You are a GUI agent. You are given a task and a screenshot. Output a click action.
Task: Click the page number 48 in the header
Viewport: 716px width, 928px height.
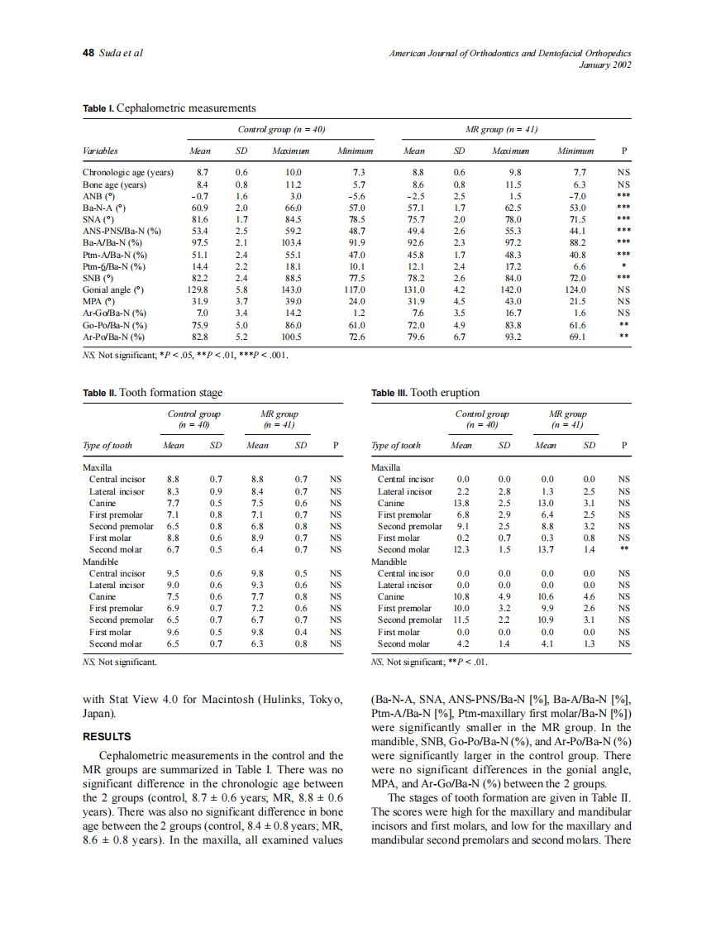click(x=88, y=53)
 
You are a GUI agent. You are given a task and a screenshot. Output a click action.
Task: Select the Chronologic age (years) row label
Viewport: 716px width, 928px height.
click(x=128, y=173)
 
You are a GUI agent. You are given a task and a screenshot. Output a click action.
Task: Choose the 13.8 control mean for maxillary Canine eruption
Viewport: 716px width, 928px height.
click(x=461, y=503)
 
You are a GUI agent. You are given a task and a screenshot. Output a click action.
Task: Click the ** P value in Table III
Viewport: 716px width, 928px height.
click(x=625, y=549)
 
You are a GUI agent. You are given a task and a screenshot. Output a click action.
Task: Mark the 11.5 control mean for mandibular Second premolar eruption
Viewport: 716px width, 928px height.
click(x=461, y=619)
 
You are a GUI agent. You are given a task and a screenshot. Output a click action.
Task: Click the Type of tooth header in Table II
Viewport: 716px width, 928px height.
click(x=107, y=445)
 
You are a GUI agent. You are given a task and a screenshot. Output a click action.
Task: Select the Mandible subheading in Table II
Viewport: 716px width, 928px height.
click(x=103, y=561)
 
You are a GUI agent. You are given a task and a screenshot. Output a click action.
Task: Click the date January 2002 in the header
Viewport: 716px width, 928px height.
click(x=608, y=65)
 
